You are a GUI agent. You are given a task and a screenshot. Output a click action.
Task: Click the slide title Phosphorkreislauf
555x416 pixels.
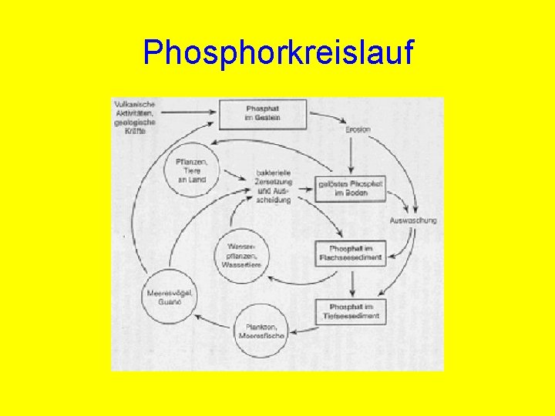278,53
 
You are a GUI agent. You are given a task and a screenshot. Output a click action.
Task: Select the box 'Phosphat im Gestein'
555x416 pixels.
263,113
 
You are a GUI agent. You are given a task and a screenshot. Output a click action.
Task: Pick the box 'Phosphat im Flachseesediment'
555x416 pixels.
351,253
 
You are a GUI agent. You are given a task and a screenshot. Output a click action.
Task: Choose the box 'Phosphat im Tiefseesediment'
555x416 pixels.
351,311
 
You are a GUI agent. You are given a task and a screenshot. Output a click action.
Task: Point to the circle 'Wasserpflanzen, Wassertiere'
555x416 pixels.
241,255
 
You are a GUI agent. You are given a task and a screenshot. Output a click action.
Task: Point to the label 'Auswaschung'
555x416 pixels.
413,220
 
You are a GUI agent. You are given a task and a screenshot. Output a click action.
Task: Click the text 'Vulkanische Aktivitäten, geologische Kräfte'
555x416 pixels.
135,117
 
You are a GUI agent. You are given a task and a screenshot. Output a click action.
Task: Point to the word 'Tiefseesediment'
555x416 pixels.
351,316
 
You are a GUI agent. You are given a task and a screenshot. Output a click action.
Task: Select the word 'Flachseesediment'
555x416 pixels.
351,258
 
